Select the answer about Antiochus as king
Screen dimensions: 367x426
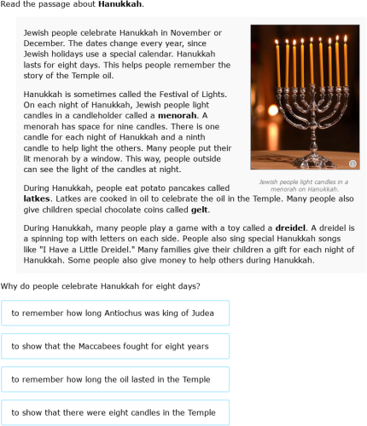coord(115,314)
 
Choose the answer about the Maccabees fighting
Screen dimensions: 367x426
coord(115,347)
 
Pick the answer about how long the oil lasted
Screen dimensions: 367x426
coord(115,380)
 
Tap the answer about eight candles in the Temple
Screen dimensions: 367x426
coord(115,413)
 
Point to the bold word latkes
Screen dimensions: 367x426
coord(37,198)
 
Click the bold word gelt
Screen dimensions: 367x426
coord(199,209)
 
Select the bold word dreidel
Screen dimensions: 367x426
coord(291,227)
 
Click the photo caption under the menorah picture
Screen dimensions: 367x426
coord(303,186)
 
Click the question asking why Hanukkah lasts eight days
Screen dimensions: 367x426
coord(101,285)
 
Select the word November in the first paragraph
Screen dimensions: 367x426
coord(200,32)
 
